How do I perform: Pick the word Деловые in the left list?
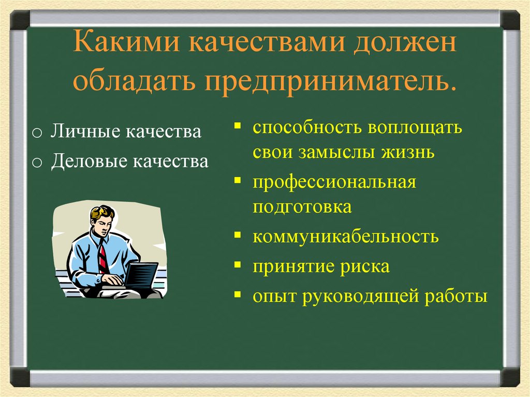pos(89,161)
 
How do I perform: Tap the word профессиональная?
pos(334,182)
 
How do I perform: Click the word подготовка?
pos(302,207)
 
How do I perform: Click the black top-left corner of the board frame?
pos(20,20)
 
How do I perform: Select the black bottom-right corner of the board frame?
pos(510,377)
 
